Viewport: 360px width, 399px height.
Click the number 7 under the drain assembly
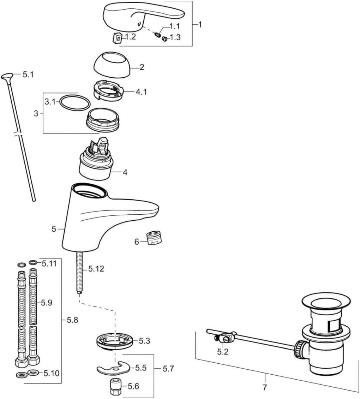tap(265, 387)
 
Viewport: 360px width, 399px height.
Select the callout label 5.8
tap(72, 320)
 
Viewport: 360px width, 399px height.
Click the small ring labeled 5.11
tap(33, 262)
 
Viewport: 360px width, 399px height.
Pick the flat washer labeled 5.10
tap(34, 373)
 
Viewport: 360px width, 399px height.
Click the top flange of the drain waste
tap(325, 303)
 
